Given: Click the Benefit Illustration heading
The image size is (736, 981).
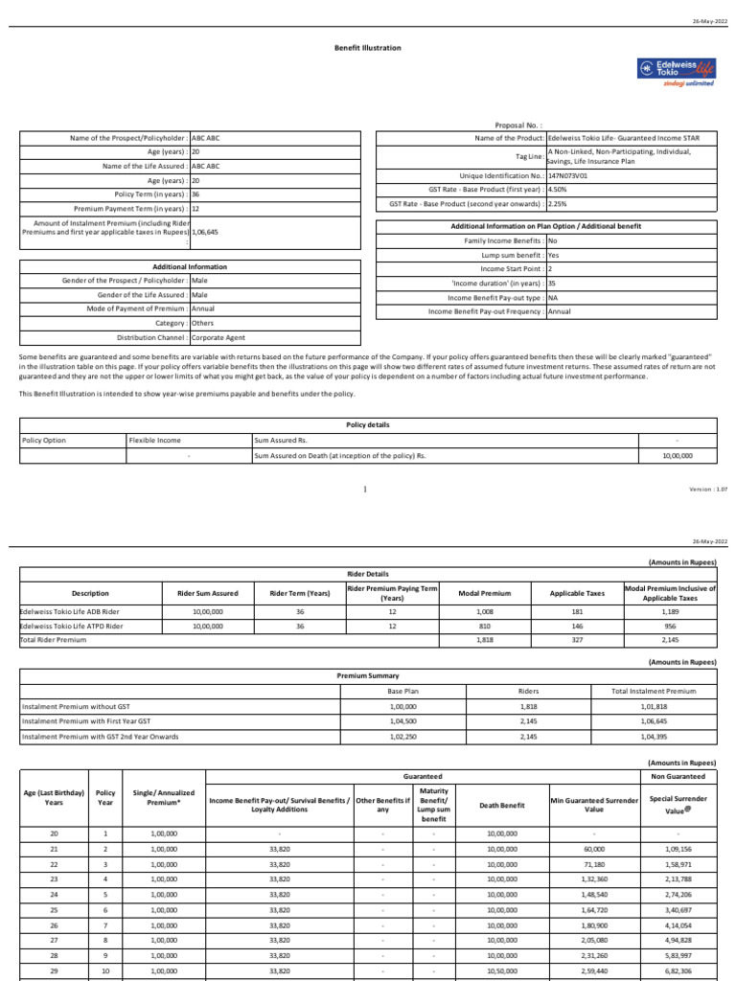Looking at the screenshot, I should click(x=367, y=48).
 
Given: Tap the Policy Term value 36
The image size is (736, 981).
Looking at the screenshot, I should click(x=196, y=194).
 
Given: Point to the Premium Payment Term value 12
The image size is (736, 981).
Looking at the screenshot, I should click(x=196, y=209).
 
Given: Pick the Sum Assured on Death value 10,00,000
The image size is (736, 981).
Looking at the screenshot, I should click(x=677, y=457).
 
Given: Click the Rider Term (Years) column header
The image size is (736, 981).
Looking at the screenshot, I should click(x=300, y=593).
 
